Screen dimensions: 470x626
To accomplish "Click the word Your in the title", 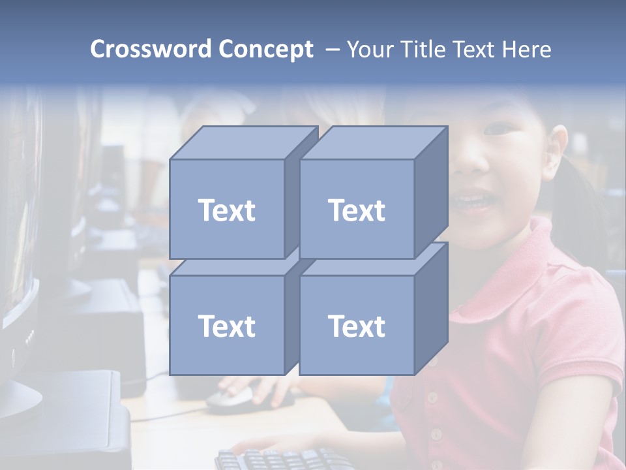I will click(370, 49).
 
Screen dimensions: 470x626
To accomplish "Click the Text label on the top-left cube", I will click(226, 211).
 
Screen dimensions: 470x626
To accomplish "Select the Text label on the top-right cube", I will click(357, 211).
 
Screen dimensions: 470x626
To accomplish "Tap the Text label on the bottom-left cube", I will click(226, 326).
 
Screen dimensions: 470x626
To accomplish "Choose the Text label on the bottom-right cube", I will click(357, 326).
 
